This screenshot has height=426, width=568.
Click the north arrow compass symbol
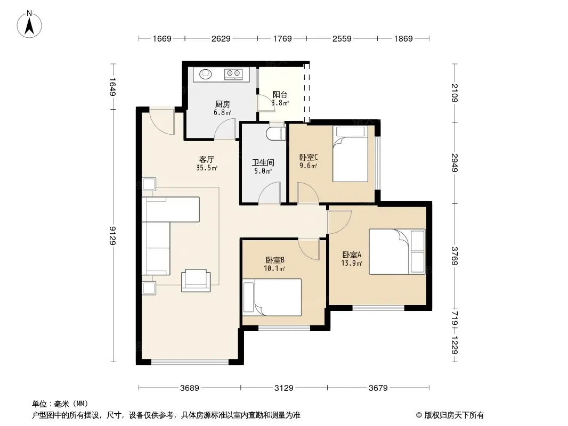(x=29, y=24)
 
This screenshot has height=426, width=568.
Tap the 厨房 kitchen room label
(x=222, y=104)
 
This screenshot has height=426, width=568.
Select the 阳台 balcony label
(x=280, y=94)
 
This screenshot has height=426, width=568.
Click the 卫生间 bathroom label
(x=263, y=162)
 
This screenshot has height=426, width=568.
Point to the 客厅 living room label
(x=207, y=159)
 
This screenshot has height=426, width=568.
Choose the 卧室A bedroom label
(x=352, y=255)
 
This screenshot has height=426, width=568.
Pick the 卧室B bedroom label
(x=274, y=260)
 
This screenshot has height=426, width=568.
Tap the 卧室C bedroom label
(x=309, y=158)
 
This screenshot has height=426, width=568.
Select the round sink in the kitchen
(x=205, y=74)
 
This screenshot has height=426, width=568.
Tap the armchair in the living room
(x=196, y=280)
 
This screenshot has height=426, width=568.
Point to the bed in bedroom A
(x=397, y=251)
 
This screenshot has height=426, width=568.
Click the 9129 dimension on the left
(x=113, y=235)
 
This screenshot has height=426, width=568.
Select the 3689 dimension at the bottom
(x=190, y=388)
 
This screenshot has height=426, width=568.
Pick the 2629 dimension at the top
(x=221, y=38)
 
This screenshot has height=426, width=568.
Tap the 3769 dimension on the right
(x=455, y=256)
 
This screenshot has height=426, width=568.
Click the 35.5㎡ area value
(x=207, y=168)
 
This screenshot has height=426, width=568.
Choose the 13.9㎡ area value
(x=352, y=264)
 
